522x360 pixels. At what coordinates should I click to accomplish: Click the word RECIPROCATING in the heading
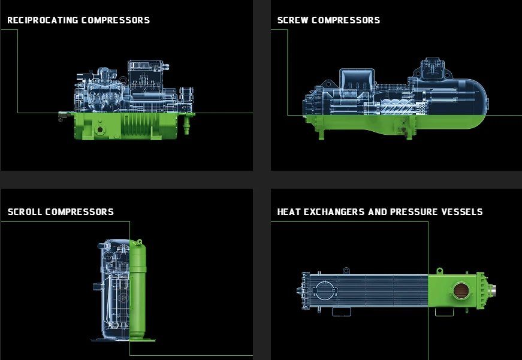(43, 20)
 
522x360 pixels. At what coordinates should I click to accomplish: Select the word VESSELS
(461, 212)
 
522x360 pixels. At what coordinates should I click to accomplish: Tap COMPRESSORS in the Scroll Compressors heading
(79, 212)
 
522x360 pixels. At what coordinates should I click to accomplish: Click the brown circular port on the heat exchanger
(461, 292)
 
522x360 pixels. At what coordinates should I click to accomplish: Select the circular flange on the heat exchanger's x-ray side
(324, 291)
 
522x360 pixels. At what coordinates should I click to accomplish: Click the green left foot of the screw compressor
(322, 135)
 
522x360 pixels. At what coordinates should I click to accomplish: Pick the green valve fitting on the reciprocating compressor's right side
(185, 125)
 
